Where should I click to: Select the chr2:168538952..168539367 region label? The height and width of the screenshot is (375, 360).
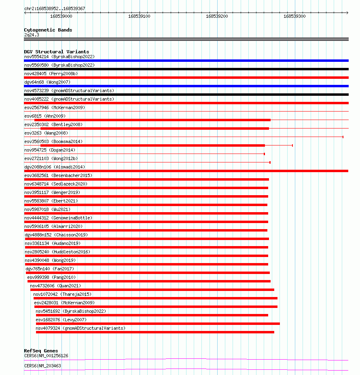pos(55,8)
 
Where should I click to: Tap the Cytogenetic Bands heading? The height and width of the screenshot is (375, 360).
pos(48,30)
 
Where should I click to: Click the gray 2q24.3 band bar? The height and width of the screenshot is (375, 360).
pos(186,39)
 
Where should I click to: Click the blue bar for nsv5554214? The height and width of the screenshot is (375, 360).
pos(186,61)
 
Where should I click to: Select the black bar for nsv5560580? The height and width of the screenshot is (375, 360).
pos(186,69)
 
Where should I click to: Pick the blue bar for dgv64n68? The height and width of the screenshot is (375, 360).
pos(186,86)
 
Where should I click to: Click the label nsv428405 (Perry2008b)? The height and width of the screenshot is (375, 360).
pos(51,74)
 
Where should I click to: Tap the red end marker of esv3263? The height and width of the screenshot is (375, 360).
pos(343,137)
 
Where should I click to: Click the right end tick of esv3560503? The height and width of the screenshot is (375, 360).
pos(292,145)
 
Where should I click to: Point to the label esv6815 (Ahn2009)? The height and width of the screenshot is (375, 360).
pos(45,116)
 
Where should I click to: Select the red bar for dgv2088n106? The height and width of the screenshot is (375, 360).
pos(186,171)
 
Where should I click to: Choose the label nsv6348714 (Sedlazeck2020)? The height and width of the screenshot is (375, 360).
pos(56,184)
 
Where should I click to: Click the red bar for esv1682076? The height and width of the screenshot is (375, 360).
pos(158,324)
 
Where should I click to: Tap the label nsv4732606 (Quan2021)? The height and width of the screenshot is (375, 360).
pos(55,286)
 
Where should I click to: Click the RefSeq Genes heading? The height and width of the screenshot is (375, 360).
pos(41,351)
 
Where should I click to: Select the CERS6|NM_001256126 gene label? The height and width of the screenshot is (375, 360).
pos(46,356)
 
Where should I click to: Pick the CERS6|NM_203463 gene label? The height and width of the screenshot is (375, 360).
pos(42,366)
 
